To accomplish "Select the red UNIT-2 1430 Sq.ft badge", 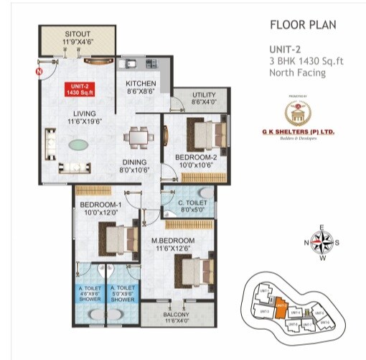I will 77,89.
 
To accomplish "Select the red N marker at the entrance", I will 39,72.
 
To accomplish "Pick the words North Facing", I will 296,73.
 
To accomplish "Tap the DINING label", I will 133,163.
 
